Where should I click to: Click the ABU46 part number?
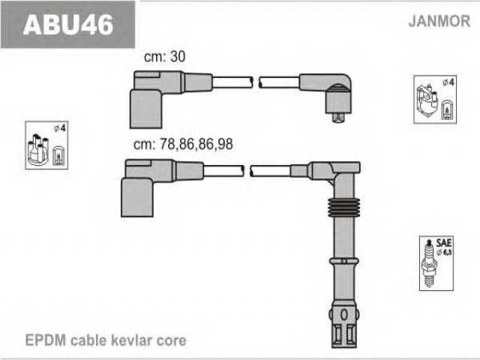coord(68,25)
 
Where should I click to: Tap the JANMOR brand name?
coord(439,21)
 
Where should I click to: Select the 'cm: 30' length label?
coord(165,57)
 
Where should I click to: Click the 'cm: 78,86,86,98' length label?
coord(183,144)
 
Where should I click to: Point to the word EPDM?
coord(45,340)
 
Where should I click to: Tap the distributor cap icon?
coord(38,150)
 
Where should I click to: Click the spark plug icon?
coord(429,263)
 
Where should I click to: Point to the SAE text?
coord(444,243)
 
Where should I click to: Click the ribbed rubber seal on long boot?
coord(343,208)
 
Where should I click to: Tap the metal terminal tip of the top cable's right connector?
coord(338,118)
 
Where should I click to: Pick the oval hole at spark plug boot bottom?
coord(343,314)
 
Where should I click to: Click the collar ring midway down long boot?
coord(343,261)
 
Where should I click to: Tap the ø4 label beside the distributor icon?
coord(60,128)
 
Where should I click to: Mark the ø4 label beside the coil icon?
coord(448,82)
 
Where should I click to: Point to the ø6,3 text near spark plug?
coord(445,253)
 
